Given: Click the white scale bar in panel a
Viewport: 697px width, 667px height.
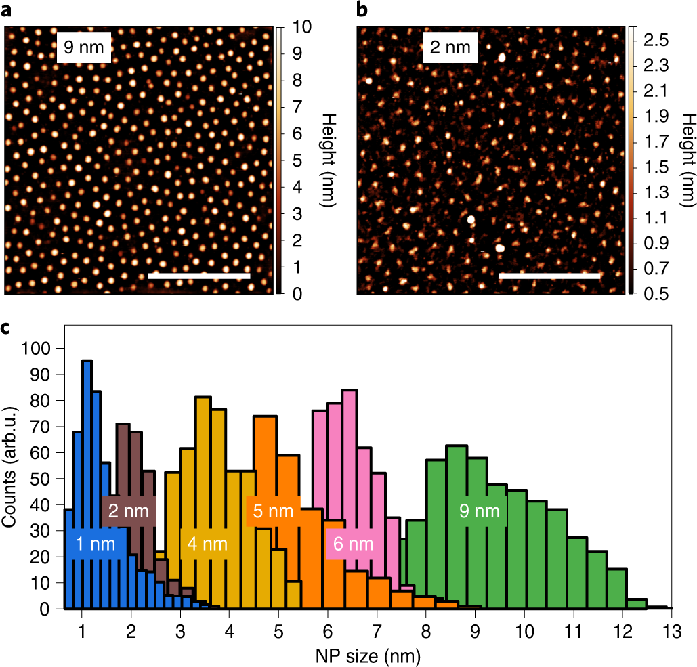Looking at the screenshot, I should click(198, 276).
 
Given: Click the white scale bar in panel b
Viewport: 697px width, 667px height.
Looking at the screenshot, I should click(549, 276).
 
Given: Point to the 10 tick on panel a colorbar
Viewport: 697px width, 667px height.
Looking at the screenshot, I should click(303, 28).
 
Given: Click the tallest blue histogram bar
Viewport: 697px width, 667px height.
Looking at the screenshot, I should click(86, 484).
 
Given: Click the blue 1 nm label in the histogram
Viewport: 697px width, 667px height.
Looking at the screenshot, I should click(96, 543).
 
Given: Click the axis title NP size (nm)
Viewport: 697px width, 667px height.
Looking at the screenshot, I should click(366, 655).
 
